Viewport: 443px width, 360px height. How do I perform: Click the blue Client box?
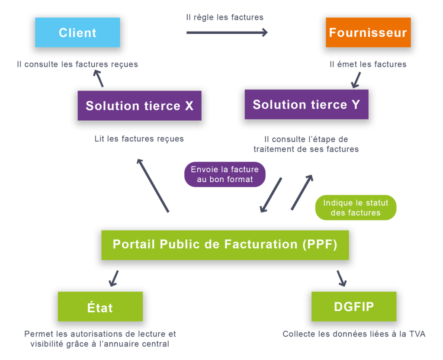[x=77, y=32]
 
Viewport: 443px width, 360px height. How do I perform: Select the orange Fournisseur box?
[x=368, y=32]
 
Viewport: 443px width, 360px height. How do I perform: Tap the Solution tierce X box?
[x=139, y=106]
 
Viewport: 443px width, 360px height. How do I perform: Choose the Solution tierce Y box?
[x=306, y=104]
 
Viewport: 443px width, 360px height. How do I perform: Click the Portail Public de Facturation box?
[x=225, y=244]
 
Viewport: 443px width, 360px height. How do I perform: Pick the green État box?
[x=100, y=307]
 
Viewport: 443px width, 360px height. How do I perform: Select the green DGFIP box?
[x=354, y=306]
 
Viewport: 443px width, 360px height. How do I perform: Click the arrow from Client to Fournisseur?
[x=227, y=32]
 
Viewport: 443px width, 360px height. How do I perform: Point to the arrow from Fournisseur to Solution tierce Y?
[x=356, y=79]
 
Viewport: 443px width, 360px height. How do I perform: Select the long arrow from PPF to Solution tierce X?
[x=153, y=185]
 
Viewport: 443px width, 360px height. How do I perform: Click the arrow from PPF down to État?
[x=114, y=278]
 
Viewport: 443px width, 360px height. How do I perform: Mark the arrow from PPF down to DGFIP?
[x=342, y=278]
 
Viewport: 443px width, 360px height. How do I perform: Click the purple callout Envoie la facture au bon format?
[x=225, y=174]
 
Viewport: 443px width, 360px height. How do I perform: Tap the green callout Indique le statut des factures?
[x=356, y=208]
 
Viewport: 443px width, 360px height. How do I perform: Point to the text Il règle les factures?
[x=225, y=17]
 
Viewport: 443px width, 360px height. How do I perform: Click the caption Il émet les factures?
[x=368, y=64]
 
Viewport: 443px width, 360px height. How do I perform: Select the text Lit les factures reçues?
[x=139, y=139]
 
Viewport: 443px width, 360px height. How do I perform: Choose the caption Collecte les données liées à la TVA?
[x=354, y=334]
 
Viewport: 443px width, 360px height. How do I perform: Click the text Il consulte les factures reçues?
[x=77, y=64]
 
